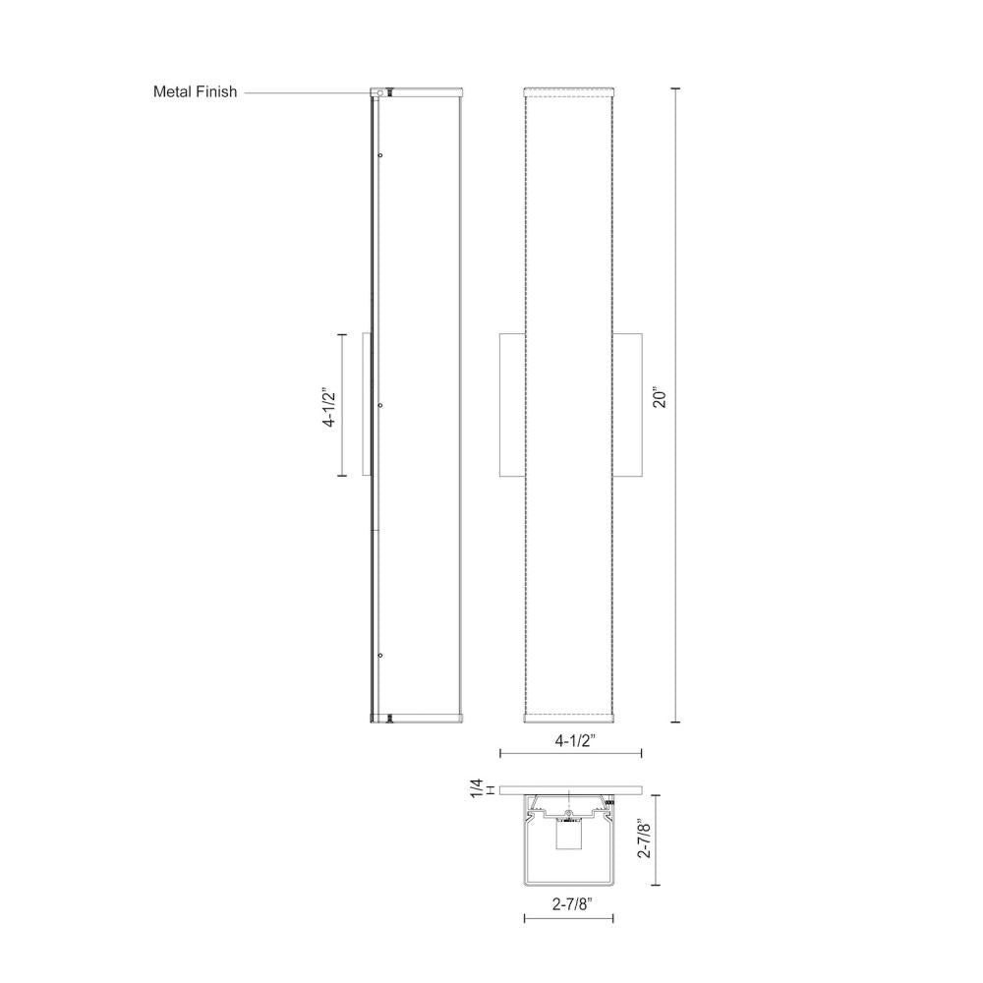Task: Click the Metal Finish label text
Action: pyautogui.click(x=195, y=92)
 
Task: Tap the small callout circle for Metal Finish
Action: pyautogui.click(x=375, y=92)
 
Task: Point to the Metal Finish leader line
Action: pyautogui.click(x=305, y=92)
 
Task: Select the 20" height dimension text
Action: pyautogui.click(x=660, y=398)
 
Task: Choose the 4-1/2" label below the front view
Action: pyautogui.click(x=571, y=738)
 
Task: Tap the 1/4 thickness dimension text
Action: pyautogui.click(x=477, y=788)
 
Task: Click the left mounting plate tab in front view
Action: pyautogui.click(x=511, y=405)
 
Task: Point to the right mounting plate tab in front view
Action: pyautogui.click(x=628, y=405)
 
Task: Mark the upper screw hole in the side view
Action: pyautogui.click(x=380, y=155)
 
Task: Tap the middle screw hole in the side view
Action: pyautogui.click(x=380, y=405)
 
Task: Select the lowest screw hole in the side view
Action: pyautogui.click(x=380, y=655)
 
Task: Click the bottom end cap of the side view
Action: pyautogui.click(x=418, y=717)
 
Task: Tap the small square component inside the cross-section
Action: pyautogui.click(x=567, y=837)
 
